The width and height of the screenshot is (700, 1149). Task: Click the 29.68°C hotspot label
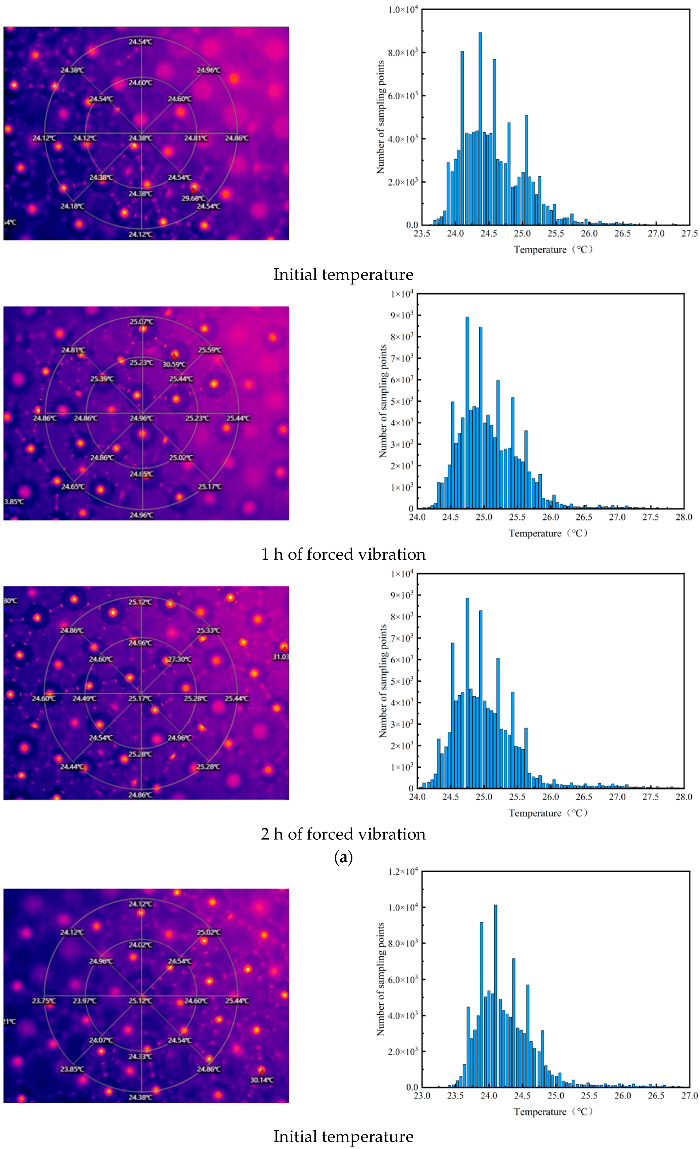tap(193, 198)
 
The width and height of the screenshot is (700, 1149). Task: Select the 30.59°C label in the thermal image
tap(174, 364)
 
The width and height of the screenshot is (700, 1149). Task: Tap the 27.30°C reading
tap(179, 659)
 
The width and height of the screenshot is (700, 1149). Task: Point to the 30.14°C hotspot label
tap(262, 1080)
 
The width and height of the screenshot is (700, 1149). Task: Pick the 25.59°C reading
tap(210, 350)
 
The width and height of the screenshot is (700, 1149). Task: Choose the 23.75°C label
tap(44, 1000)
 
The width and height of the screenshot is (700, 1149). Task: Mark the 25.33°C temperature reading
tap(208, 630)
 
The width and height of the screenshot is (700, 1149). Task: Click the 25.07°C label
tap(141, 321)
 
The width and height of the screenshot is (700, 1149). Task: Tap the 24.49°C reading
tap(84, 698)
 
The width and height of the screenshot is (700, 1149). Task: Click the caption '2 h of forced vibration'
tap(343, 834)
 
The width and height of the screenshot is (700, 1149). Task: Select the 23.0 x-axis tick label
tap(422, 1095)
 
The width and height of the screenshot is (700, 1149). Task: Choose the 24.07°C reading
tap(101, 1040)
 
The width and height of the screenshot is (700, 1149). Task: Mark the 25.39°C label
tap(102, 379)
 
